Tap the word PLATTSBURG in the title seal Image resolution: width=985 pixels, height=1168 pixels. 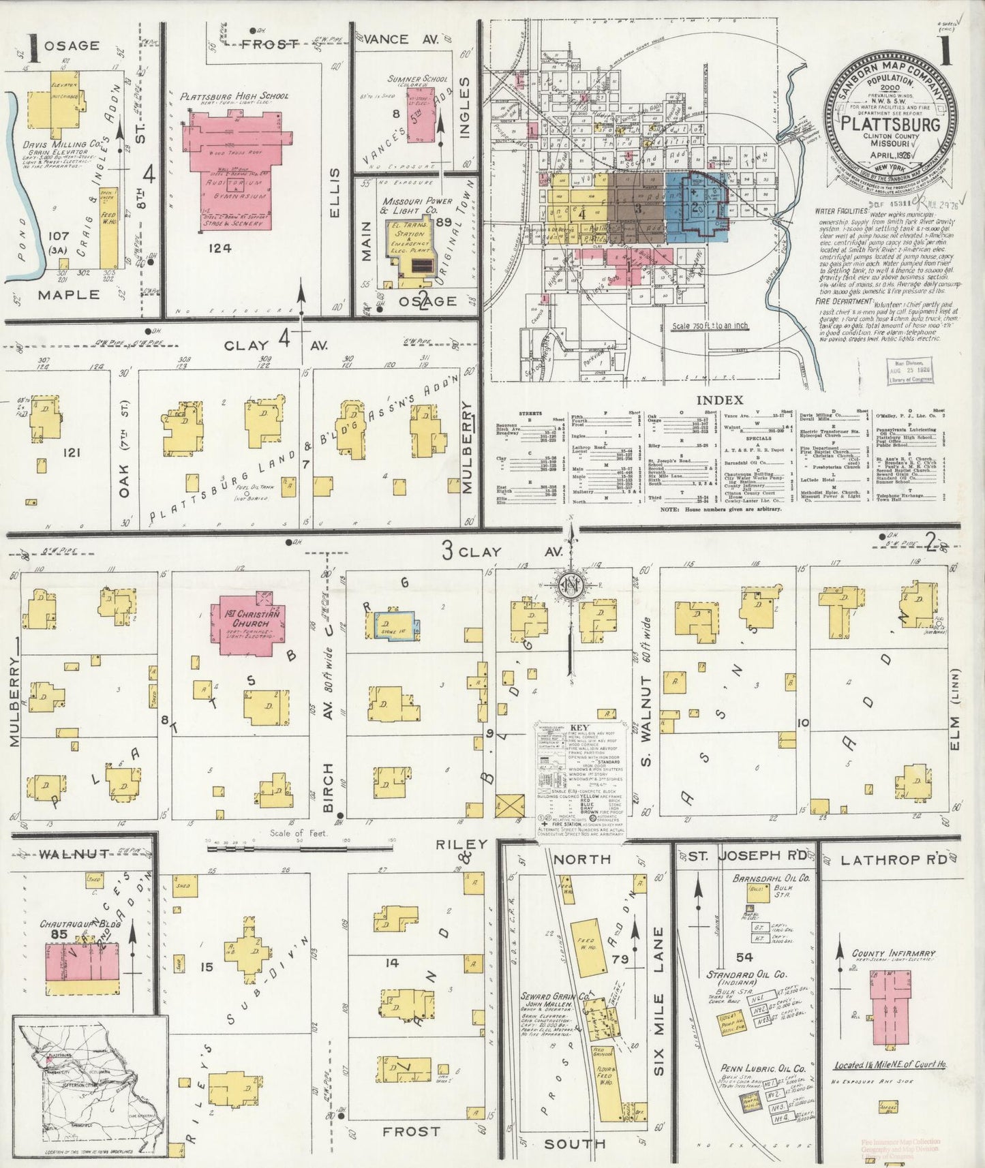coord(890,125)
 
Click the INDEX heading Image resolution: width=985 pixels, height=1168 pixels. coord(720,400)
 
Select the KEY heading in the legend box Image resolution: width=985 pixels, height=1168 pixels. coord(579,727)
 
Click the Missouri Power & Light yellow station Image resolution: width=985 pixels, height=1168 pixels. coord(410,246)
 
